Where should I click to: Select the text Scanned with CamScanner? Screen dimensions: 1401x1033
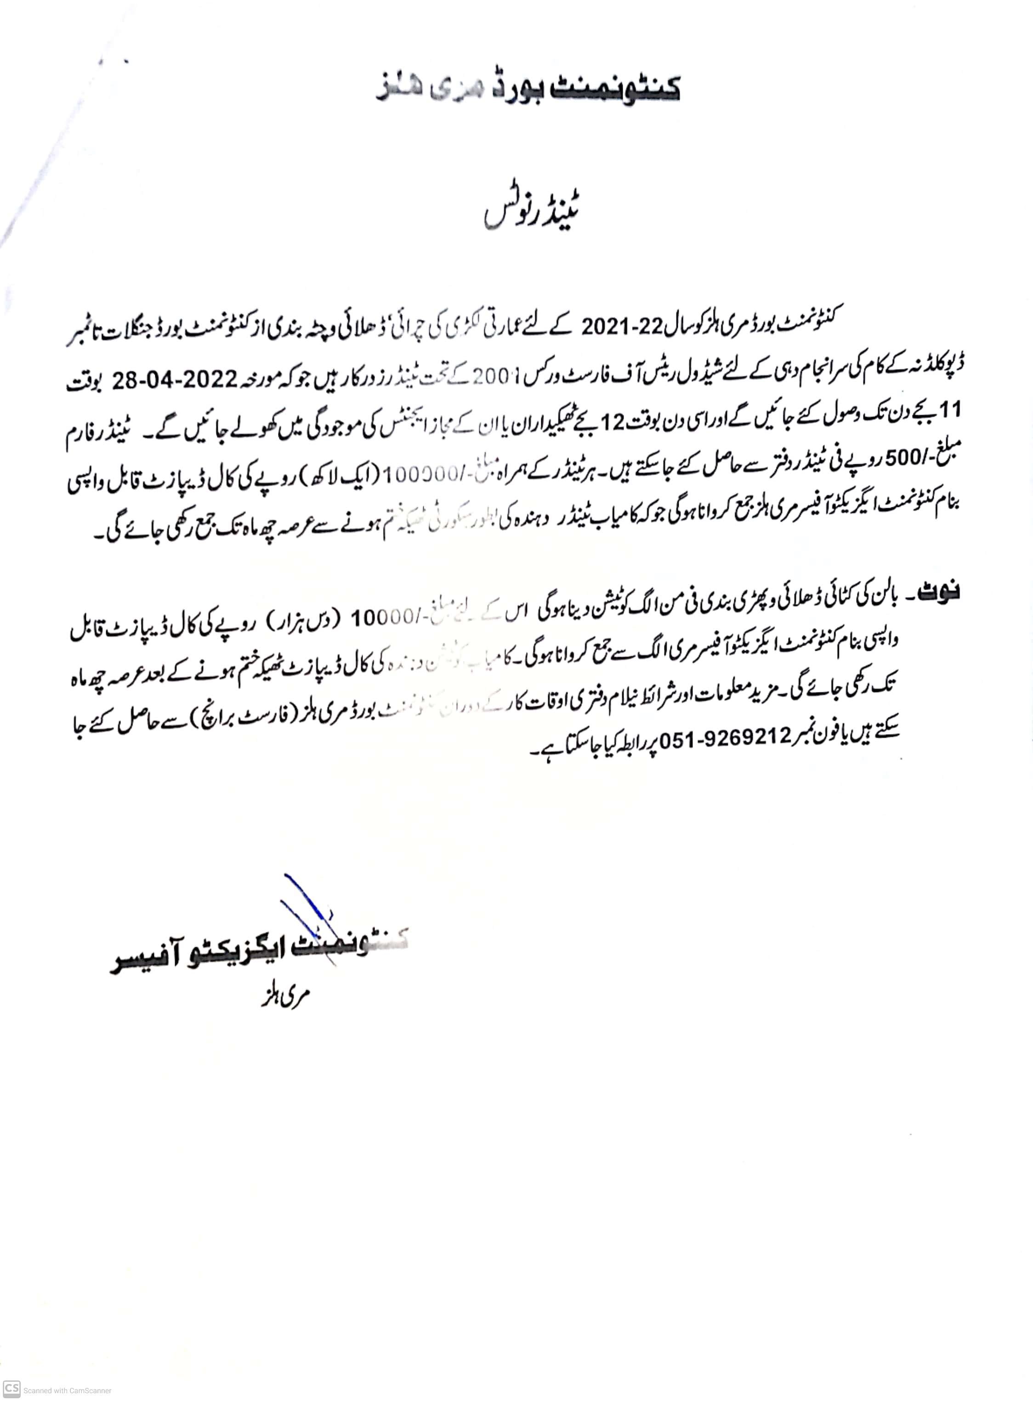(68, 1390)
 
